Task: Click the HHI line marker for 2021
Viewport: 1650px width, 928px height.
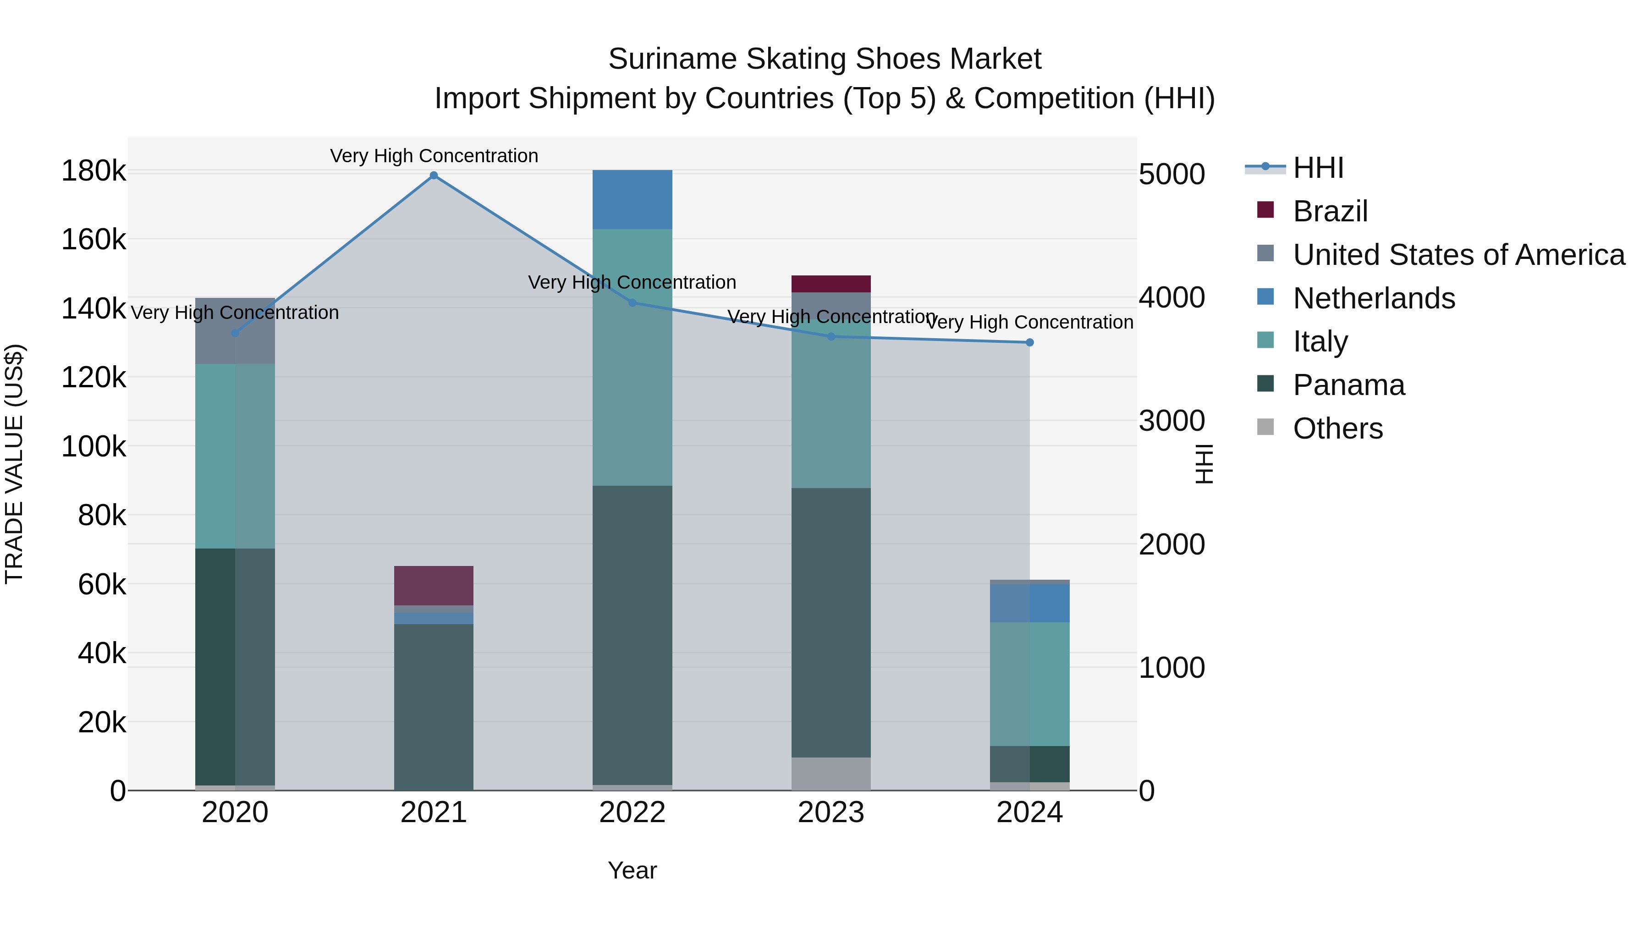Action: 434,176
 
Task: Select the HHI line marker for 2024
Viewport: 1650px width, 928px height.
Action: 1029,343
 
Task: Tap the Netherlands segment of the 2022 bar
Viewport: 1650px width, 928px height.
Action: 632,199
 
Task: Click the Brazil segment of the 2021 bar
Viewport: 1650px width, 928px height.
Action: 434,585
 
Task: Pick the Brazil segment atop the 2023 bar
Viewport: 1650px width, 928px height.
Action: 831,284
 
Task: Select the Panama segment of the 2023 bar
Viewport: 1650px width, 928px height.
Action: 831,622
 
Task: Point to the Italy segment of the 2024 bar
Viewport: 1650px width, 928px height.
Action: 1029,684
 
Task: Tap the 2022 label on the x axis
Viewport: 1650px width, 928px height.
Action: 632,813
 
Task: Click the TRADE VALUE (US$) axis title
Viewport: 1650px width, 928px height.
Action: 14,464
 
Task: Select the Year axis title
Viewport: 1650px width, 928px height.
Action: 632,870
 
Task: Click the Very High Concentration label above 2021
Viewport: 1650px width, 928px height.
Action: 434,156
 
